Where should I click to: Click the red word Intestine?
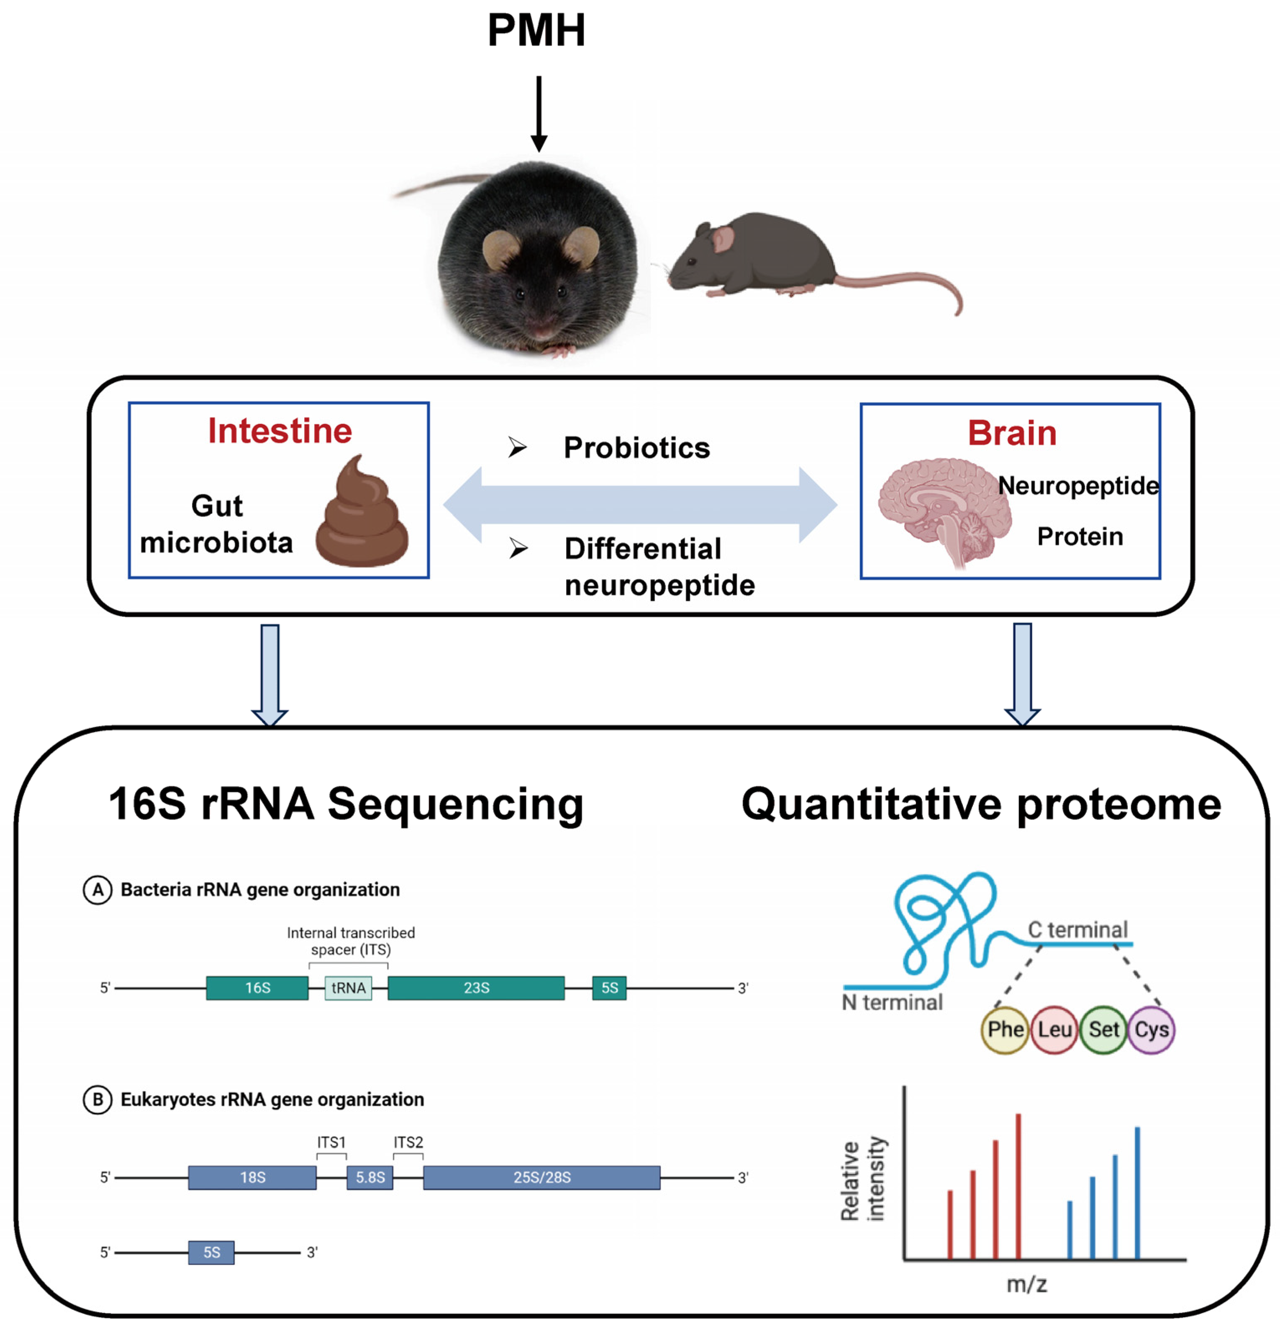(280, 431)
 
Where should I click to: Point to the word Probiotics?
(636, 448)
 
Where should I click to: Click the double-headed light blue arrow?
(640, 505)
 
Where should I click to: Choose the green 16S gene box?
(257, 988)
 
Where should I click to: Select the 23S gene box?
(476, 988)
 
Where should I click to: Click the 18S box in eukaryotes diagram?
(252, 1177)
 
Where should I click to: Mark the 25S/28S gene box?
(541, 1177)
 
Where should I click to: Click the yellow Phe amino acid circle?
(1005, 1030)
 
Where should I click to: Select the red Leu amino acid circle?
(1054, 1030)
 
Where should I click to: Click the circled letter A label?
(97, 889)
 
